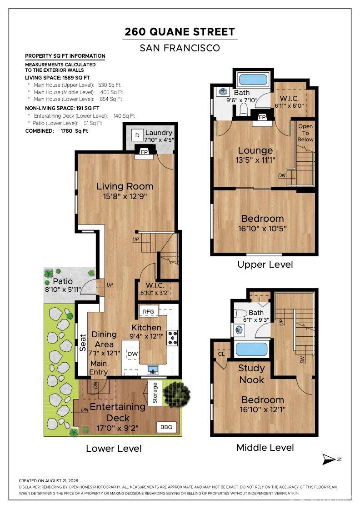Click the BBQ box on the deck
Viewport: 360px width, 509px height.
(x=166, y=427)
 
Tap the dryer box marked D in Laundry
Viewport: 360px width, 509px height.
(x=137, y=135)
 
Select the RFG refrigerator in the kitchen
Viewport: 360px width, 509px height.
(x=148, y=311)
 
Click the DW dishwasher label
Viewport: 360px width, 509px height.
(x=132, y=354)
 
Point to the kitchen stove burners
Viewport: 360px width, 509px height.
(x=172, y=338)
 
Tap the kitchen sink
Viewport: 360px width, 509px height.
(x=153, y=369)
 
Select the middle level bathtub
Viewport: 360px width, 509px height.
(x=251, y=349)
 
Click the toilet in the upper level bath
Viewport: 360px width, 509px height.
(x=244, y=109)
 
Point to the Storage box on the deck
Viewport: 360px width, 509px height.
(x=155, y=393)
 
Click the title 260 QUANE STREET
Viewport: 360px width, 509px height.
(x=180, y=32)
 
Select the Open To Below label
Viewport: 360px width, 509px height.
(x=305, y=133)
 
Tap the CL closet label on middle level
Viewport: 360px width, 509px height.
(x=221, y=354)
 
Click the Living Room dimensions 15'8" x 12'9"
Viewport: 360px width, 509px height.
(x=125, y=196)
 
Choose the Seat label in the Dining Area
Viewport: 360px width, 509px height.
(x=83, y=343)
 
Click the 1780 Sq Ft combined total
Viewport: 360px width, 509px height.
(x=75, y=131)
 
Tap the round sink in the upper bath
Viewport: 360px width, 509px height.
(x=223, y=91)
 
